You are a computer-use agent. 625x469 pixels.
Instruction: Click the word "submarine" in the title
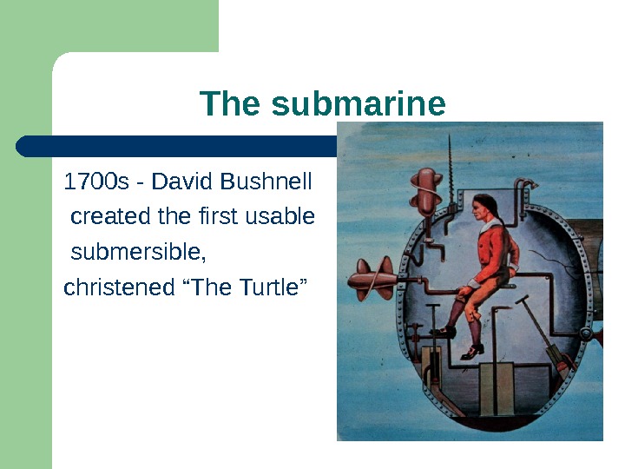[359, 104]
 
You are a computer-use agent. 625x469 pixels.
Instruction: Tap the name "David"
[184, 182]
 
